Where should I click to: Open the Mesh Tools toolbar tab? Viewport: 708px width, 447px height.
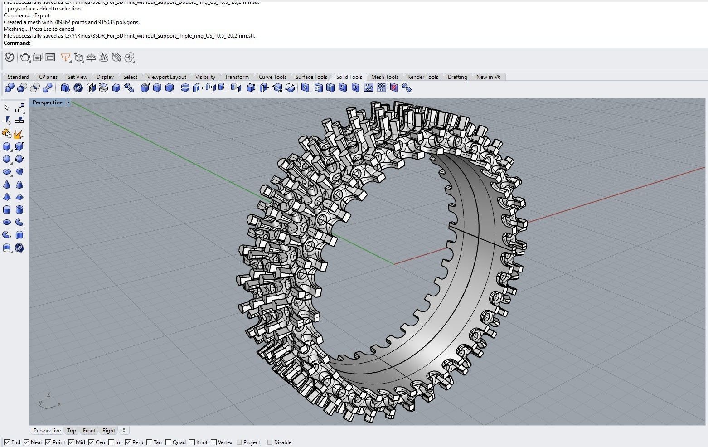(x=384, y=77)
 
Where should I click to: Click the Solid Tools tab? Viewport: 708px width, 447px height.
(x=349, y=77)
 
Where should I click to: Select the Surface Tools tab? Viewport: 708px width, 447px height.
(x=311, y=77)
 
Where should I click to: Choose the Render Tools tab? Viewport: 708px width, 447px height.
(x=422, y=77)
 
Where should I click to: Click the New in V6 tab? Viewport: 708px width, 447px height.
(x=488, y=77)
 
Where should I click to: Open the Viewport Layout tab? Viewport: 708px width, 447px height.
(x=166, y=77)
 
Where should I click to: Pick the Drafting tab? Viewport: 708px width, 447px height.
(x=457, y=77)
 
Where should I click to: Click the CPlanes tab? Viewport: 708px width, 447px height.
(x=48, y=77)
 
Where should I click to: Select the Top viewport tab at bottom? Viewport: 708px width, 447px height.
(x=72, y=431)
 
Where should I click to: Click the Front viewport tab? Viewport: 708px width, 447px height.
(x=89, y=431)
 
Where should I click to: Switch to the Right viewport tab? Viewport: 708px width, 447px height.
(x=109, y=431)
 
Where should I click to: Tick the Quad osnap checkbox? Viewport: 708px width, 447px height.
(x=169, y=442)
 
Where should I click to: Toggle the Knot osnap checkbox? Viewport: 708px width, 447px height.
(x=192, y=442)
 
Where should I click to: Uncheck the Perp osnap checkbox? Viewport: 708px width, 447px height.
(x=128, y=442)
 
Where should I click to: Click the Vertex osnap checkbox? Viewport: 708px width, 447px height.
(x=214, y=442)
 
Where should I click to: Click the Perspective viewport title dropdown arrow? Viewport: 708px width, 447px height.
(x=68, y=102)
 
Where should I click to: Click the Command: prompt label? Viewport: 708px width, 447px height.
(x=17, y=43)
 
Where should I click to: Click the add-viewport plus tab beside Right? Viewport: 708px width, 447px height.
(x=124, y=431)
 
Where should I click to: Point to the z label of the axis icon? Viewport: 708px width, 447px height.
(x=48, y=395)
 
